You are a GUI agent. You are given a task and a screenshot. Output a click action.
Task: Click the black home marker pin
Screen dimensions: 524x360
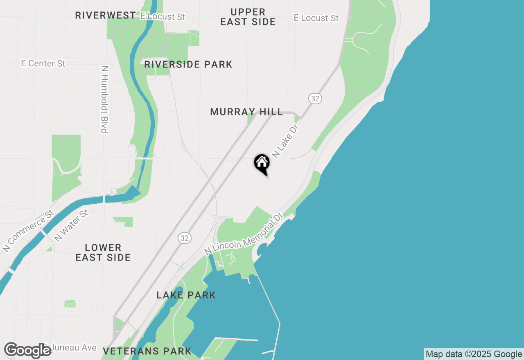coord(262,164)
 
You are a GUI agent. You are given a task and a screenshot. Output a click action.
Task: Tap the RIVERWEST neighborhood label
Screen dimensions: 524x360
coord(105,16)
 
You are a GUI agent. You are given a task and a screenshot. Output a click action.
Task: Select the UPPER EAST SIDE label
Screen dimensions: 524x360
coord(248,17)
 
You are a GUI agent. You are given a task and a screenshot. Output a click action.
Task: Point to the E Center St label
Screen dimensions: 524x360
coord(43,63)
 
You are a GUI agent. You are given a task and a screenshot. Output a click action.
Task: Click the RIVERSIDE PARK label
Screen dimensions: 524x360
coord(188,64)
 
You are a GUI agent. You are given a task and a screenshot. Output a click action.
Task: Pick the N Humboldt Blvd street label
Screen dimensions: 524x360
coord(104,99)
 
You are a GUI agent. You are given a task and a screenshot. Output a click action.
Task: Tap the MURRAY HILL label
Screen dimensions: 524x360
coord(246,112)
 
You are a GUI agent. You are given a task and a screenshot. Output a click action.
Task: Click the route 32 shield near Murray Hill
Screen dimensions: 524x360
coord(314,98)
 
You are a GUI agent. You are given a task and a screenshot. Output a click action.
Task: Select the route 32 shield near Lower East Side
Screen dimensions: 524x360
coord(185,238)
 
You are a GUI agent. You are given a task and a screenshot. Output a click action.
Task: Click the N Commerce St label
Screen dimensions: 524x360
coord(28,231)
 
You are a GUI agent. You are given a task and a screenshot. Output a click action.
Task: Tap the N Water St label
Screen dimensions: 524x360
coord(71,225)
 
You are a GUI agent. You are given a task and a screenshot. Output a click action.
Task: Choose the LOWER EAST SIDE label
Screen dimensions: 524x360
coord(103,252)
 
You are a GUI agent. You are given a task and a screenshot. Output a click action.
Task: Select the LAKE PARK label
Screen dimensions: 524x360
coord(186,295)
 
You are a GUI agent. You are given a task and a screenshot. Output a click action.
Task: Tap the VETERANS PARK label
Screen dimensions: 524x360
coord(147,351)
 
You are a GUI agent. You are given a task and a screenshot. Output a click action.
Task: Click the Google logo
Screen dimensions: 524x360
coord(27,351)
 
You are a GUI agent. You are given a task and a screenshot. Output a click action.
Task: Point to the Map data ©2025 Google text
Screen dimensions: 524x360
coord(474,354)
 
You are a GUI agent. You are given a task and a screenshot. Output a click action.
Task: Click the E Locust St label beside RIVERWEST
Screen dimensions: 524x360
coord(163,17)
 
